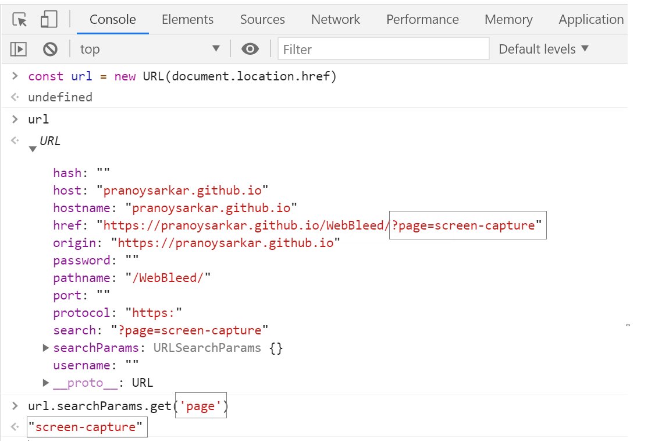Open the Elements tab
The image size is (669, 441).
click(187, 19)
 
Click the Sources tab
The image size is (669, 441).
click(262, 19)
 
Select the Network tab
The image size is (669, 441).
click(336, 19)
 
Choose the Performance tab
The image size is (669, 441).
click(422, 19)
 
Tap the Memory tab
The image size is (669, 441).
click(508, 19)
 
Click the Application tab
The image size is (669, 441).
click(591, 19)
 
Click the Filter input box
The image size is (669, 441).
click(383, 50)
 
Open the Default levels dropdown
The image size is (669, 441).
click(543, 50)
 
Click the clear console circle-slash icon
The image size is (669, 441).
click(50, 50)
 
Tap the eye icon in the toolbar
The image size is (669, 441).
click(250, 50)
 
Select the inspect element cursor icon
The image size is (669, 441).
click(20, 20)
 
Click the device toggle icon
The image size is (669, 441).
click(48, 20)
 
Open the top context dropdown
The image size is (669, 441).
click(150, 50)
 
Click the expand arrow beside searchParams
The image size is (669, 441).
click(46, 348)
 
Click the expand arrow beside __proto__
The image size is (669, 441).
click(46, 383)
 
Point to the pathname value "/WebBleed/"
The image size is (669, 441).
click(171, 278)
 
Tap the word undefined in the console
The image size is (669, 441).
click(60, 97)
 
